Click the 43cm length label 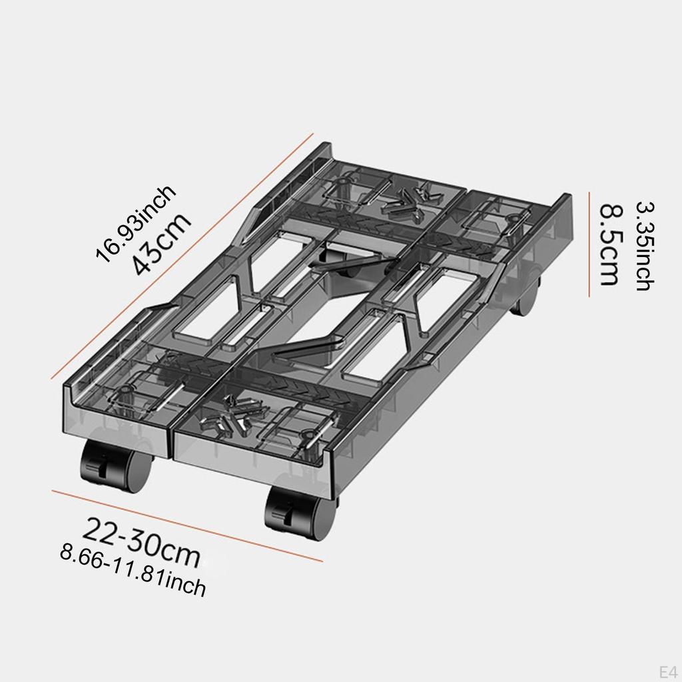pos(162,244)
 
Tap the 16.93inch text pos(136,224)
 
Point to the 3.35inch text pos(644,245)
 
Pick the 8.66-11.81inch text pos(133,569)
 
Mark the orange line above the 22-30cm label pos(186,525)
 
